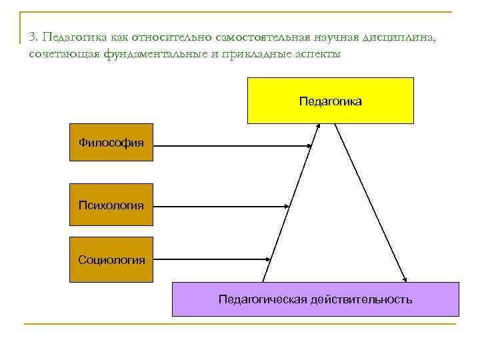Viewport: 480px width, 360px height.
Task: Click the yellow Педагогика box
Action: point(330,101)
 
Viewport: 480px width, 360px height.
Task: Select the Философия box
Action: point(111,142)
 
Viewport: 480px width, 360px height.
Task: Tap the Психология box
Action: point(111,205)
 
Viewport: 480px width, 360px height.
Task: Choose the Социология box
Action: point(111,259)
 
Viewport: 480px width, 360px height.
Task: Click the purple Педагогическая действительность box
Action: point(315,299)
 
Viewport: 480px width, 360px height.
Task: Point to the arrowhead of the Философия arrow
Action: point(309,145)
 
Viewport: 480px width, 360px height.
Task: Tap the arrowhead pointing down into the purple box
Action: point(405,278)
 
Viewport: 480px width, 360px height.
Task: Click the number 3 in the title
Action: point(32,37)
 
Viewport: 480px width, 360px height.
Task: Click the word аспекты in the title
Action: point(318,54)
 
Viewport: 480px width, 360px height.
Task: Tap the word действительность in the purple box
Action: point(361,299)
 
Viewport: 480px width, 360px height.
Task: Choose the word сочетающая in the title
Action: point(63,54)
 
